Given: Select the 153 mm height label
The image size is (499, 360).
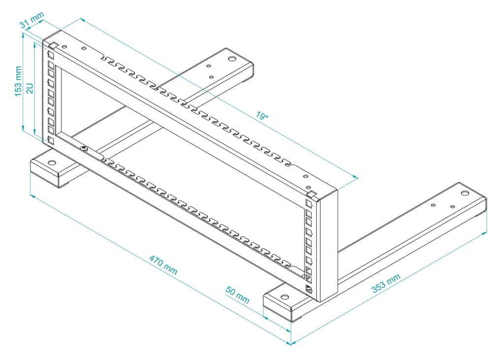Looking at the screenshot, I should pos(19,82).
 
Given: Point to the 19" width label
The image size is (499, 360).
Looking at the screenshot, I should pos(262,117).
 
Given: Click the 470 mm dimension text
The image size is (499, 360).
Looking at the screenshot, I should pos(163,265).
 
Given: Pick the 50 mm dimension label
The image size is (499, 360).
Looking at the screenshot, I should pos(238,294).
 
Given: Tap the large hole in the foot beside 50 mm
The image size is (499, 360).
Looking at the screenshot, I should pos(284,297).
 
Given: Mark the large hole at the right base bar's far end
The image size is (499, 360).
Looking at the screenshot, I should pos(464,193).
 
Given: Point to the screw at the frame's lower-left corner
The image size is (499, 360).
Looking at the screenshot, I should pos(84,148).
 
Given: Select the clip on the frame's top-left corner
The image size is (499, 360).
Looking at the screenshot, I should pos(54,46).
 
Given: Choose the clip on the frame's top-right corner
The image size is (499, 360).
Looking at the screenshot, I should pos(311,194).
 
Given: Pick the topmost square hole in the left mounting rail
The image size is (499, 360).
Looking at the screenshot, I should pos(51,55).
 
